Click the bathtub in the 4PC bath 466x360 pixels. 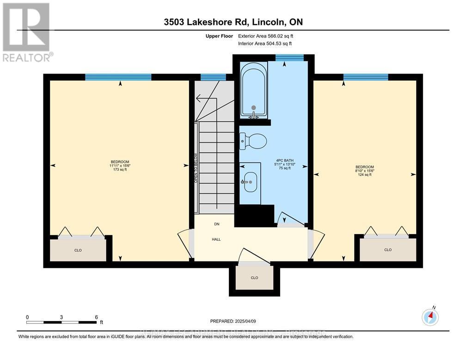click(x=253, y=91)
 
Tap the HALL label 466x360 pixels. click(x=216, y=239)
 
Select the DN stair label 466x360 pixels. click(x=216, y=224)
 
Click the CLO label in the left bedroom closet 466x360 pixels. click(x=78, y=250)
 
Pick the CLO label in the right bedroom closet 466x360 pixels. click(x=387, y=250)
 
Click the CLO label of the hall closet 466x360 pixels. click(x=254, y=278)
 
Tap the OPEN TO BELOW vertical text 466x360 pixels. click(x=196, y=168)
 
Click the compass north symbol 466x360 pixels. click(x=430, y=317)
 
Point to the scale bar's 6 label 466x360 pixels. click(x=96, y=317)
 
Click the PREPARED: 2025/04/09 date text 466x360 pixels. click(x=233, y=321)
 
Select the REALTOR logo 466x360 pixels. click(x=27, y=32)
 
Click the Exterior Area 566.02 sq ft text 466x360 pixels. click(x=265, y=36)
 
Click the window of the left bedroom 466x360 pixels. click(x=118, y=77)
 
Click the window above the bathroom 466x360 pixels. click(x=289, y=57)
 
